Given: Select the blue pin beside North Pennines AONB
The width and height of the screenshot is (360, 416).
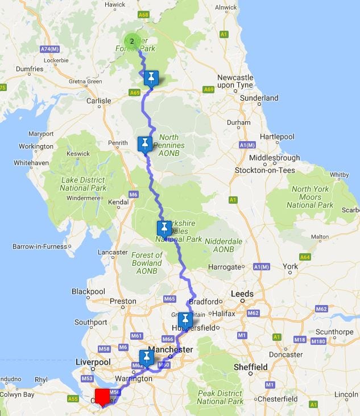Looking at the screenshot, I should (146, 143).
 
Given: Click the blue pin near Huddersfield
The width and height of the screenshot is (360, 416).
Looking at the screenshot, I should (185, 320).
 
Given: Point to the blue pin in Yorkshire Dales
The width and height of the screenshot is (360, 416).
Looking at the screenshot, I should (164, 229).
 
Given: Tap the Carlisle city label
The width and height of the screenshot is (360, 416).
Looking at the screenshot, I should (98, 101).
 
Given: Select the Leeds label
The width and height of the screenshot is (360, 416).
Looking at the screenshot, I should (242, 294).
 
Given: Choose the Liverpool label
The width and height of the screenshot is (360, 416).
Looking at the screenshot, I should (93, 363).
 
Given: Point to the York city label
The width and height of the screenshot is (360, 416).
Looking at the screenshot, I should (290, 266).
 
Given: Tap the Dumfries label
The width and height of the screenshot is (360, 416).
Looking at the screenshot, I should (30, 69).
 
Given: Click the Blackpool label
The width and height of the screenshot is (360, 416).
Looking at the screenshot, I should (89, 291).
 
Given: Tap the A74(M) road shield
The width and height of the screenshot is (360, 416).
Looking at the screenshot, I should (50, 50).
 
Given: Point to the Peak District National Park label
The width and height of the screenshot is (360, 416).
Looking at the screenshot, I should (220, 397).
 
